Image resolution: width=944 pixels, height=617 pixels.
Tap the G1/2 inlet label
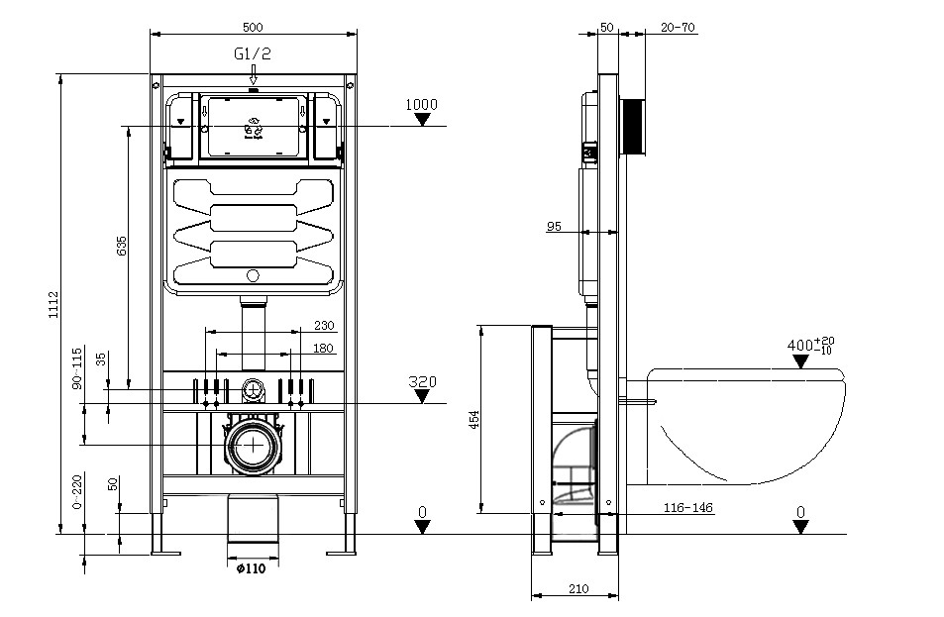pos(253,54)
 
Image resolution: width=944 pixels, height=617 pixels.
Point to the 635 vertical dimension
pos(121,247)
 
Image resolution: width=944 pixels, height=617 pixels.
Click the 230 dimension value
pos(324,326)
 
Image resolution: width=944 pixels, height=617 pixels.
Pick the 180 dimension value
pos(324,348)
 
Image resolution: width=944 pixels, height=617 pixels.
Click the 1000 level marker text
pos(422,104)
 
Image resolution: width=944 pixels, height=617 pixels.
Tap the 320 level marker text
pos(422,381)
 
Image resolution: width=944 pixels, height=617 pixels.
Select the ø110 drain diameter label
pos(251,567)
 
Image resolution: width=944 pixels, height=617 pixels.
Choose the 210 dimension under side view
pos(578,589)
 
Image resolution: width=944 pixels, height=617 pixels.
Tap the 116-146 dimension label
pos(687,508)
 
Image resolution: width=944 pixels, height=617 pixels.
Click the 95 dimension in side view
pos(554,227)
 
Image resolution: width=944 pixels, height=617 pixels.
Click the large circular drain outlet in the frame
pos(255,445)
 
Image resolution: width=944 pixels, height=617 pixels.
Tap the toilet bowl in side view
pos(748,426)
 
